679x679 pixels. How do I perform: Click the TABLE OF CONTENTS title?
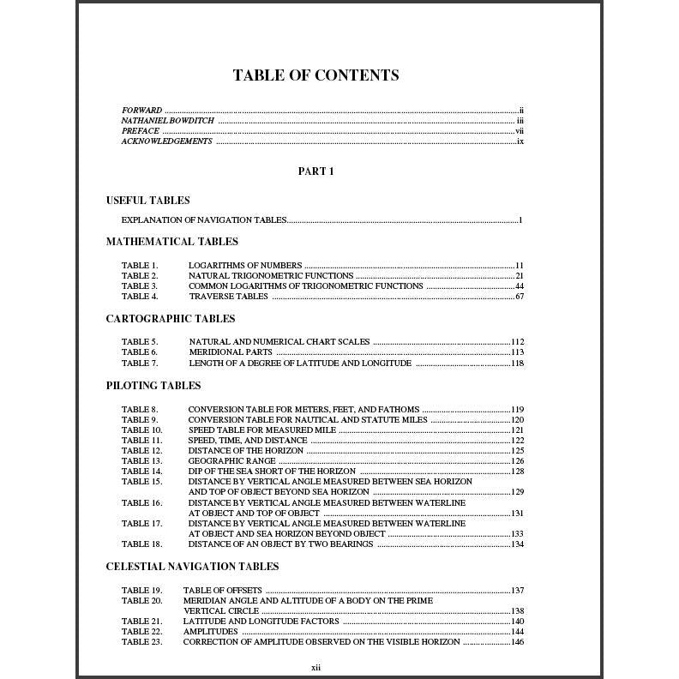coord(315,75)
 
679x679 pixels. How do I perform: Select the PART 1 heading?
coord(315,171)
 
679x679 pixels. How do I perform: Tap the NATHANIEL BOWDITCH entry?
coord(168,121)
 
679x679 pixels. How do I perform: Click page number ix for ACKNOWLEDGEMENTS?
coord(520,141)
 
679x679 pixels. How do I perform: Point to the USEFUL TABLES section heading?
coord(148,201)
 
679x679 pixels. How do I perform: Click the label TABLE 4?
coord(140,297)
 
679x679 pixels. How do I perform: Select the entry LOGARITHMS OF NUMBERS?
coord(245,266)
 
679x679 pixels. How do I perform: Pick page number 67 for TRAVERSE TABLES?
coord(520,297)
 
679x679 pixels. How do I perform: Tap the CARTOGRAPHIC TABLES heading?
coord(171,319)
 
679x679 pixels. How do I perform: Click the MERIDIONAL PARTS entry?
coord(231,352)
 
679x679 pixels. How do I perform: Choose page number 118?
coord(517,363)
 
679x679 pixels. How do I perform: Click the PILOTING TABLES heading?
coord(153,386)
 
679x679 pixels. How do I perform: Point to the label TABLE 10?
coord(141,430)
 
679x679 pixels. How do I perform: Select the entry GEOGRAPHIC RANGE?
coord(232,461)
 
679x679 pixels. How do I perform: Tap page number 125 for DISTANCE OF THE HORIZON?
coord(517,451)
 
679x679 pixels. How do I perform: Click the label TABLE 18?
coord(141,544)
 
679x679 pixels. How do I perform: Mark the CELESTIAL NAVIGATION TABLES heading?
coord(192,567)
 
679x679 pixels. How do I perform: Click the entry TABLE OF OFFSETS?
coord(222,591)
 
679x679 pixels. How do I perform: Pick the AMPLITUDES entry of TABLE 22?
coord(210,632)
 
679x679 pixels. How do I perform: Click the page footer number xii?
coord(315,667)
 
